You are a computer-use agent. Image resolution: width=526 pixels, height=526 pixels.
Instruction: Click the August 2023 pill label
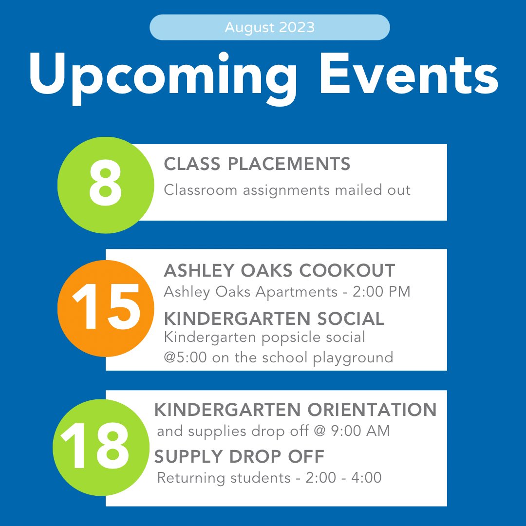pos(269,27)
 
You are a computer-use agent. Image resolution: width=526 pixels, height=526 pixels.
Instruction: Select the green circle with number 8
pos(105,185)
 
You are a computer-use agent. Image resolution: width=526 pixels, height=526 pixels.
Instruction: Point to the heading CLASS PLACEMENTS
pos(257,164)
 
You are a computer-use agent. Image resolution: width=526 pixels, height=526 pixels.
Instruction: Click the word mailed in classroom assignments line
pos(356,189)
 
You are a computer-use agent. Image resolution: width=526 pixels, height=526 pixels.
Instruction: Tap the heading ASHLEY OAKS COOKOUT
pos(279,270)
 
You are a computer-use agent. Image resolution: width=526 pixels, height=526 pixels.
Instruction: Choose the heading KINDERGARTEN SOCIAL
pos(274,319)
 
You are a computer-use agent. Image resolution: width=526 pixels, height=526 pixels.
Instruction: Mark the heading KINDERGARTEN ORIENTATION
pos(295,410)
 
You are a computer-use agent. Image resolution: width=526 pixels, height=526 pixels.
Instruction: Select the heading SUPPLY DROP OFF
pos(239,457)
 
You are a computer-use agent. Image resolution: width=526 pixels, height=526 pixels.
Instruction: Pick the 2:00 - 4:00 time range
pos(343,478)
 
